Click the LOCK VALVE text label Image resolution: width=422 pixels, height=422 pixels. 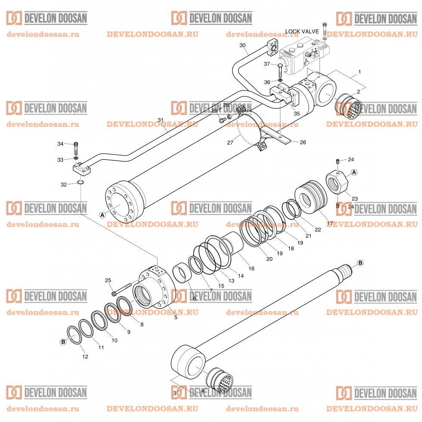click(302, 32)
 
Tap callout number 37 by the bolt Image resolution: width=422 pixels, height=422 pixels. click(267, 64)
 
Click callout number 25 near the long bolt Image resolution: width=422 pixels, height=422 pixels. click(109, 280)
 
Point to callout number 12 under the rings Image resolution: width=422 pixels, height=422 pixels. click(85, 357)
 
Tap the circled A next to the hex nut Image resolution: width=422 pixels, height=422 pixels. click(354, 172)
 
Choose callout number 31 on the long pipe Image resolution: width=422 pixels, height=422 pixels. click(161, 120)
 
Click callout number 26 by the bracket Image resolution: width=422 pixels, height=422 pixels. click(303, 143)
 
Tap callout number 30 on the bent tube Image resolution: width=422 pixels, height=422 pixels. click(242, 45)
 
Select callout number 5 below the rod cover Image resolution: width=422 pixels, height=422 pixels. click(175, 318)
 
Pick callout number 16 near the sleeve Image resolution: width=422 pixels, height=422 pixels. click(251, 268)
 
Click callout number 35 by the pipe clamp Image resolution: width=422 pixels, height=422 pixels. click(296, 114)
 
